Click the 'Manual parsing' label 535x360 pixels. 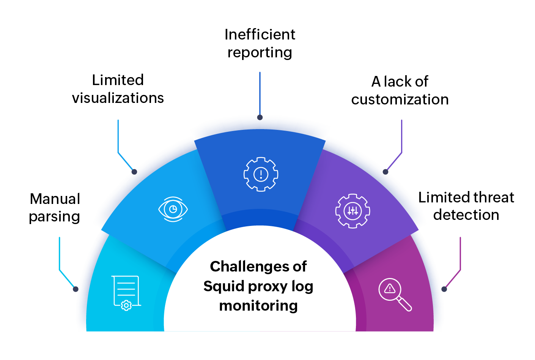coord(55,207)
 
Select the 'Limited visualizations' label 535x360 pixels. coord(118,89)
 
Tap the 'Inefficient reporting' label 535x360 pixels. coord(260,43)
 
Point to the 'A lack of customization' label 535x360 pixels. coord(400,90)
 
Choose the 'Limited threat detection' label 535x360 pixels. coord(466,206)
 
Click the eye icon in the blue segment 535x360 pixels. coord(173,209)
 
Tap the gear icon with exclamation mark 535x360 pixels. coord(261,174)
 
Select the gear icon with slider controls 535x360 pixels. coord(352,211)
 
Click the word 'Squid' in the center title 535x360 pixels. coord(223,286)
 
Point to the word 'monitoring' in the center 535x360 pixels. coord(258,305)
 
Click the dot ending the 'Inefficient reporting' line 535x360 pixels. coord(260,117)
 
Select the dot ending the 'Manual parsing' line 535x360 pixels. coord(76,289)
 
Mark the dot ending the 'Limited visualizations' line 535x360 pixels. coord(134,172)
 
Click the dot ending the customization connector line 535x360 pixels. coord(386,172)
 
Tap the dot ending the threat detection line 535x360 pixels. coord(444,289)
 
